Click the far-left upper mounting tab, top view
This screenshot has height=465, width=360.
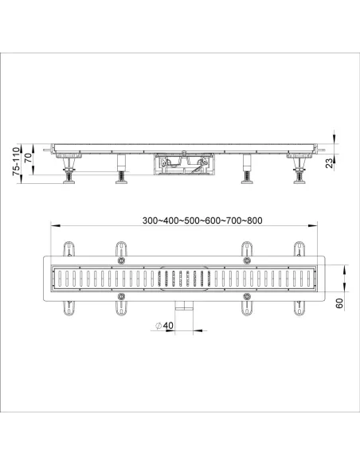coord(66,248)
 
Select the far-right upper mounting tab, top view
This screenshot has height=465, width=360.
coord(299,248)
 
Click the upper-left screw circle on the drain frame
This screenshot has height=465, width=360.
coord(121,261)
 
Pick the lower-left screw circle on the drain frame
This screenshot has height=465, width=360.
coord(121,296)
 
